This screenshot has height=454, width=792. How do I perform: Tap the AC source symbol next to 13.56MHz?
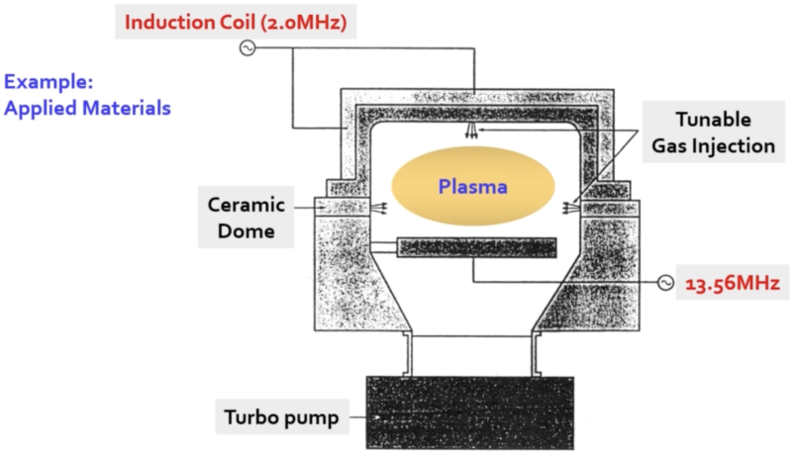tap(665, 283)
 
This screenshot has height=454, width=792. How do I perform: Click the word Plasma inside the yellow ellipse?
tap(473, 186)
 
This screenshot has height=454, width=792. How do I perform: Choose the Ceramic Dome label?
tap(247, 218)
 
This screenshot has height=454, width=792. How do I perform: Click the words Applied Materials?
tap(88, 108)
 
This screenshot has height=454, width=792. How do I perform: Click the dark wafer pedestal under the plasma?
tap(476, 247)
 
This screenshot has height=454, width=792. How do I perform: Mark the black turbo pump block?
tap(468, 412)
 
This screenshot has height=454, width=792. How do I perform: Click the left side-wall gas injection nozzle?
tap(373, 208)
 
